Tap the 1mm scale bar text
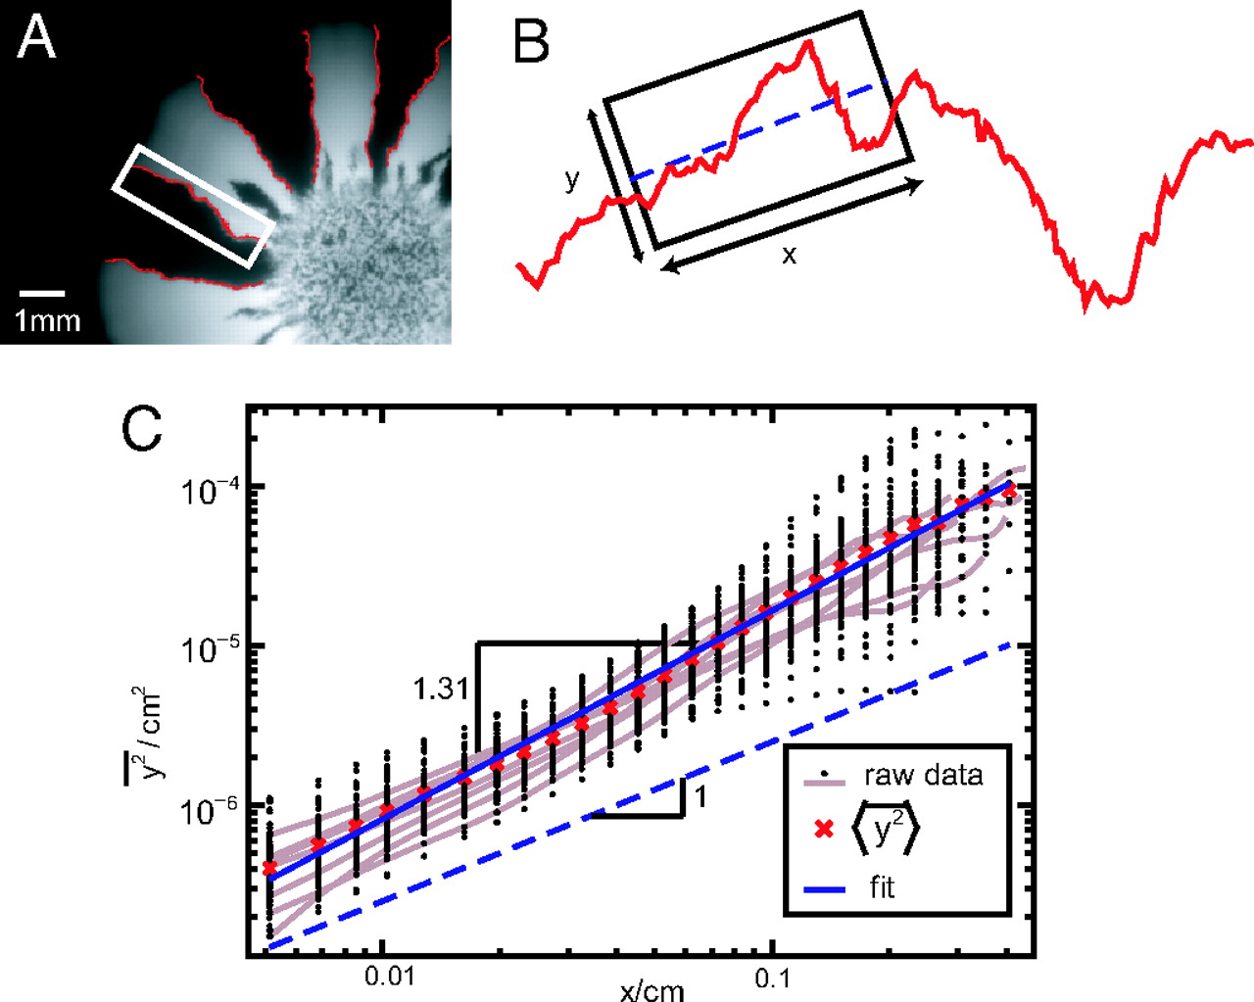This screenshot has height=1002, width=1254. [x=47, y=320]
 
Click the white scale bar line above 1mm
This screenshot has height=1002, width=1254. [x=42, y=293]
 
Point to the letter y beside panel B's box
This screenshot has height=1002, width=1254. [x=571, y=180]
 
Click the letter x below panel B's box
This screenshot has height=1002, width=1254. [x=789, y=256]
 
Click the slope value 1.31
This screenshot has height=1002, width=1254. [x=441, y=689]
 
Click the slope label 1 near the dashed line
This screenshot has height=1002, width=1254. [x=700, y=796]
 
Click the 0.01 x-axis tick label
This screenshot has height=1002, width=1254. [x=389, y=978]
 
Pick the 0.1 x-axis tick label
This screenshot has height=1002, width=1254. [x=773, y=978]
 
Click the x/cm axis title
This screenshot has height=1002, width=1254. [x=651, y=989]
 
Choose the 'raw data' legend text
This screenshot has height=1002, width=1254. [x=923, y=776]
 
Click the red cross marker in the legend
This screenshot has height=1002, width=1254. [x=824, y=830]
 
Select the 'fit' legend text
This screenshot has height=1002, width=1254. [x=882, y=887]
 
